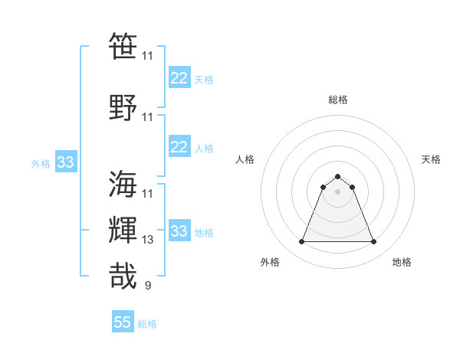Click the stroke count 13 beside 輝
[x=148, y=239]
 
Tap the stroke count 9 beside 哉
[x=147, y=286]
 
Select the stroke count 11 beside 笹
[x=148, y=56]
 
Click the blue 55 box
[x=123, y=322]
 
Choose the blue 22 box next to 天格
[x=179, y=77]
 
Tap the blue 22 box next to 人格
[x=179, y=147]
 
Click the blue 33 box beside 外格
[x=65, y=162]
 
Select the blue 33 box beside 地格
[x=179, y=231]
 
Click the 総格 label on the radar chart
[x=337, y=100]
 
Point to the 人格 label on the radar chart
[x=245, y=159]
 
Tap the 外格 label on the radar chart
[x=270, y=262]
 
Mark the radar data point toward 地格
[x=373, y=242]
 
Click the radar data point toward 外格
[x=301, y=242]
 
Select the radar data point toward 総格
[x=337, y=177]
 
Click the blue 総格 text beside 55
[x=147, y=324]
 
